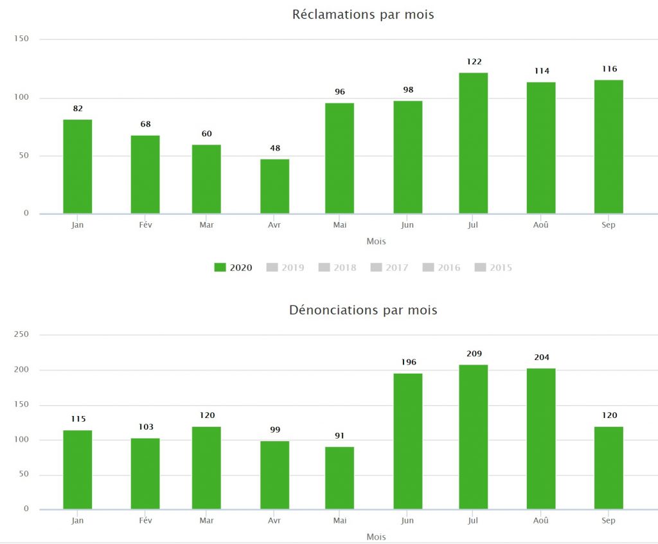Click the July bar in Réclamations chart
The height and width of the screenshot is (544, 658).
pos(474,143)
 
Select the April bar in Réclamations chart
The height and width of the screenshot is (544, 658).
pos(275,186)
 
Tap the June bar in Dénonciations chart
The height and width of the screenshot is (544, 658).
pos(408,441)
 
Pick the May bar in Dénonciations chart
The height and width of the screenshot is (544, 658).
pos(339,478)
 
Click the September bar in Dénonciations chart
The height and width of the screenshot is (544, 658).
pos(609,468)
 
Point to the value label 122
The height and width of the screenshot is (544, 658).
pos(474,62)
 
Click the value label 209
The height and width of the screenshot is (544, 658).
pos(474,354)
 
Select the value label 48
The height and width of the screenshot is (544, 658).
pos(275,149)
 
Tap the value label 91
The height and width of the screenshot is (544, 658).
pos(339,436)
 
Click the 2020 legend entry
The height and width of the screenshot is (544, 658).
pos(233,267)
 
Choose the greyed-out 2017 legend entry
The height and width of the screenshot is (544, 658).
pos(389,267)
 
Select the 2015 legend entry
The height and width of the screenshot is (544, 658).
pos(493,267)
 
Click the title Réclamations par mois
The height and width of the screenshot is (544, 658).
pos(363,15)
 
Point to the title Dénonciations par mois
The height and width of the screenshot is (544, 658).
pos(363,310)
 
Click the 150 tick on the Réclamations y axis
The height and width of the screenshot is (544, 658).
pos(21,39)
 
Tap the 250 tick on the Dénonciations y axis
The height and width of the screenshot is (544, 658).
pos(21,334)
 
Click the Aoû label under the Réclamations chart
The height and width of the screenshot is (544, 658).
pos(541,225)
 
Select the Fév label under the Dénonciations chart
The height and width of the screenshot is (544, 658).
pos(145,520)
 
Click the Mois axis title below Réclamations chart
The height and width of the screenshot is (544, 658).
pos(376,242)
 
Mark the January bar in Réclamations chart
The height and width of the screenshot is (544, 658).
pos(78,167)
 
